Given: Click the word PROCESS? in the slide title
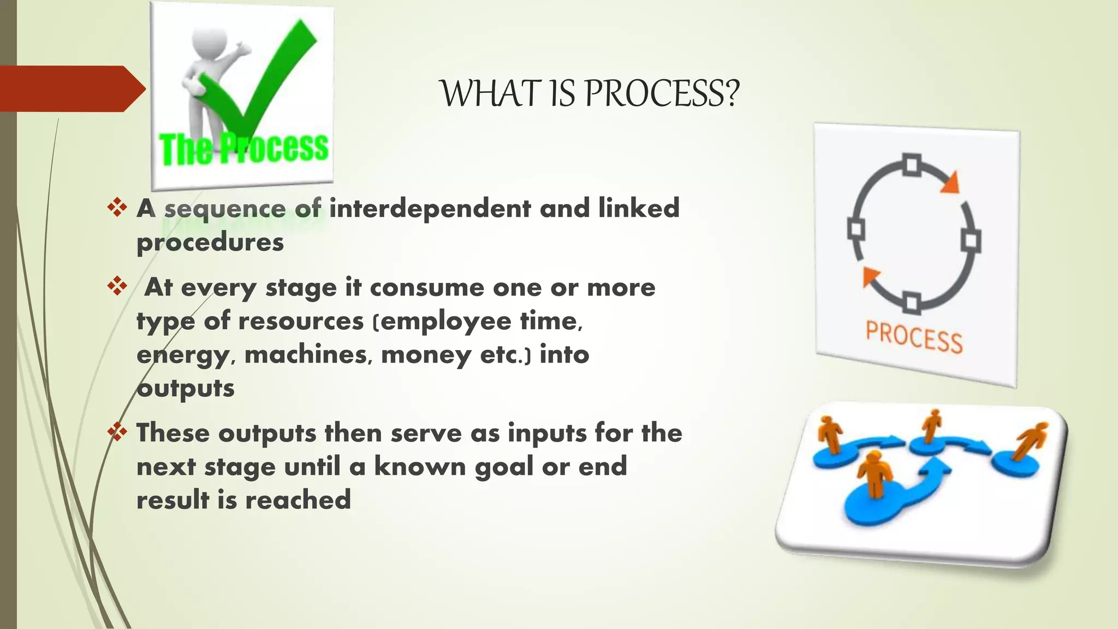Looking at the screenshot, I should coord(662,94).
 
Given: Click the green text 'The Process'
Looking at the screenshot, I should coord(243,149).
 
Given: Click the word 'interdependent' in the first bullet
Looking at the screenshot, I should coord(430,209).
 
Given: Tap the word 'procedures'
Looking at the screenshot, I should coord(210,242).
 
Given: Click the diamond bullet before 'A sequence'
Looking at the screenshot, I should coord(117,207).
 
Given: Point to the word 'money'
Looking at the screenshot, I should coord(426,355).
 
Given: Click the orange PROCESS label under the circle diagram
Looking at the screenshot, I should coord(914,337).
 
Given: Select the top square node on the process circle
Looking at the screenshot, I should coord(911,165).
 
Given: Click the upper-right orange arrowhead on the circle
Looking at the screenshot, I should coord(950,182).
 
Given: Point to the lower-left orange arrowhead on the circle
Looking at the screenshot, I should coord(870,276).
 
